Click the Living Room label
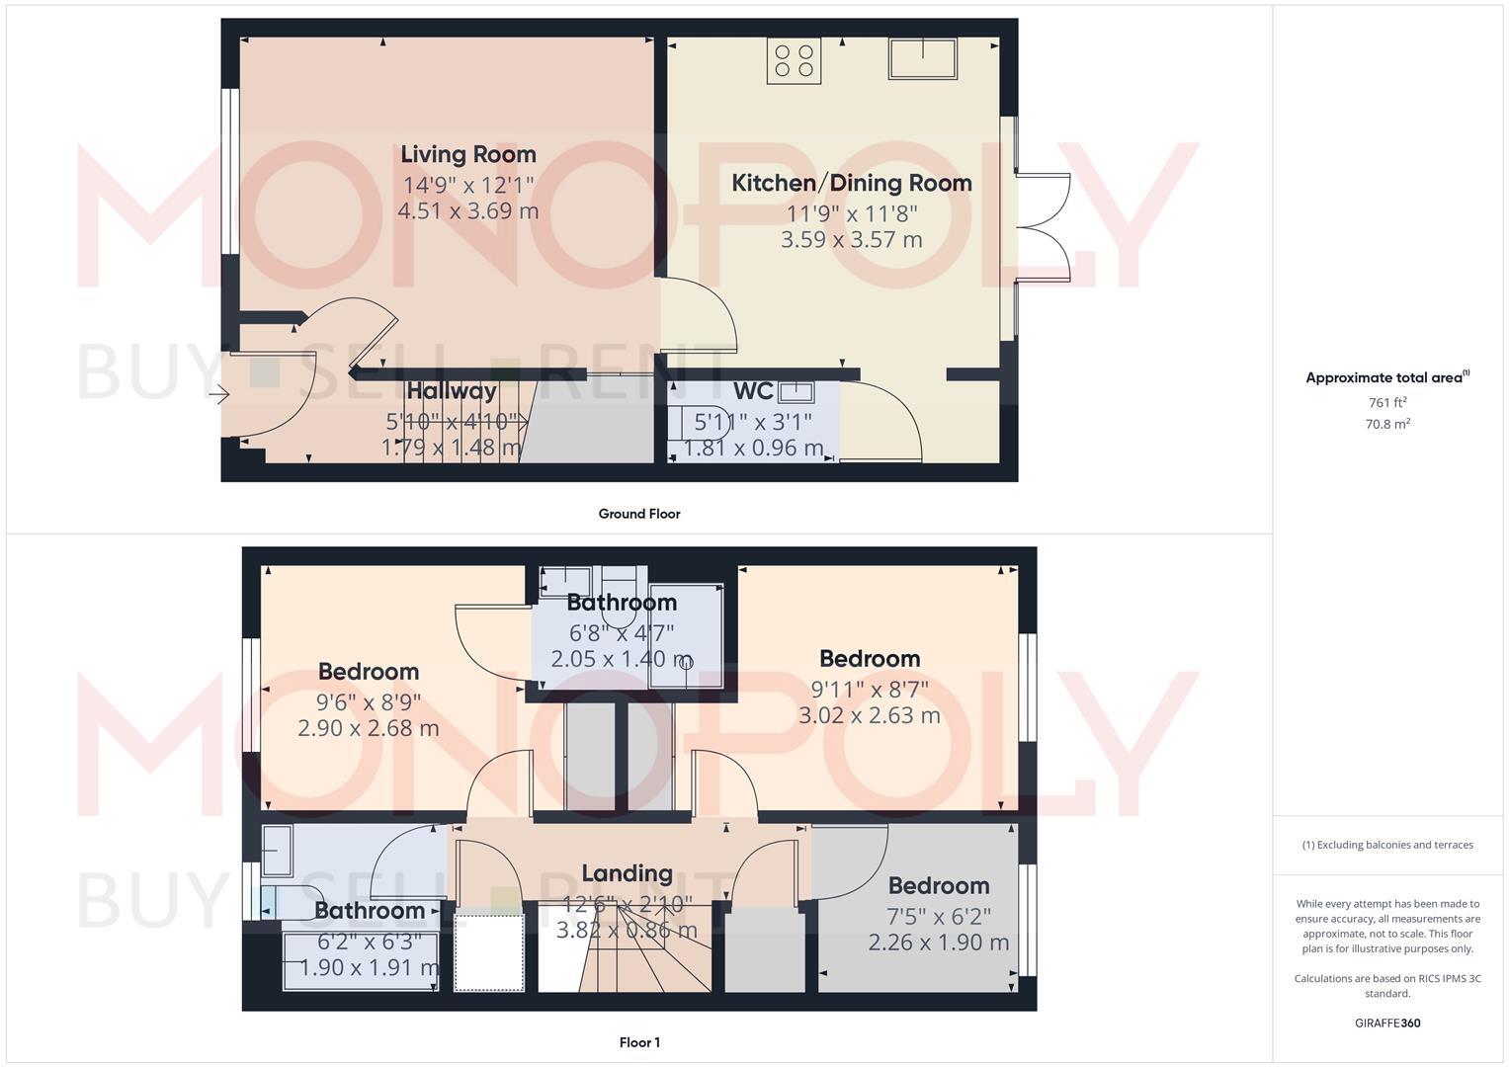click(x=468, y=154)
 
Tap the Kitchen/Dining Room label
click(x=851, y=183)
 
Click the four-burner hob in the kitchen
click(x=795, y=60)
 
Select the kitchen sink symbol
click(x=922, y=58)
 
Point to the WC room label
click(x=753, y=391)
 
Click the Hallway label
click(x=452, y=391)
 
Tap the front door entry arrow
click(x=218, y=395)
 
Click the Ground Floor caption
click(x=639, y=514)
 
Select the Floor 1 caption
click(x=639, y=1042)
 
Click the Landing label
click(x=627, y=873)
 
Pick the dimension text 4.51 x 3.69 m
click(x=468, y=210)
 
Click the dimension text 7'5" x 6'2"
click(x=939, y=916)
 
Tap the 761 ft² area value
click(x=1387, y=402)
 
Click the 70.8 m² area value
click(x=1387, y=424)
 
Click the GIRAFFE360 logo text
click(x=1387, y=1024)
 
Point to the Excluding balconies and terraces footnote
click(x=1387, y=845)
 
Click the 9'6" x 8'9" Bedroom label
click(x=369, y=672)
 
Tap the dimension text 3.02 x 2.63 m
click(x=870, y=715)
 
